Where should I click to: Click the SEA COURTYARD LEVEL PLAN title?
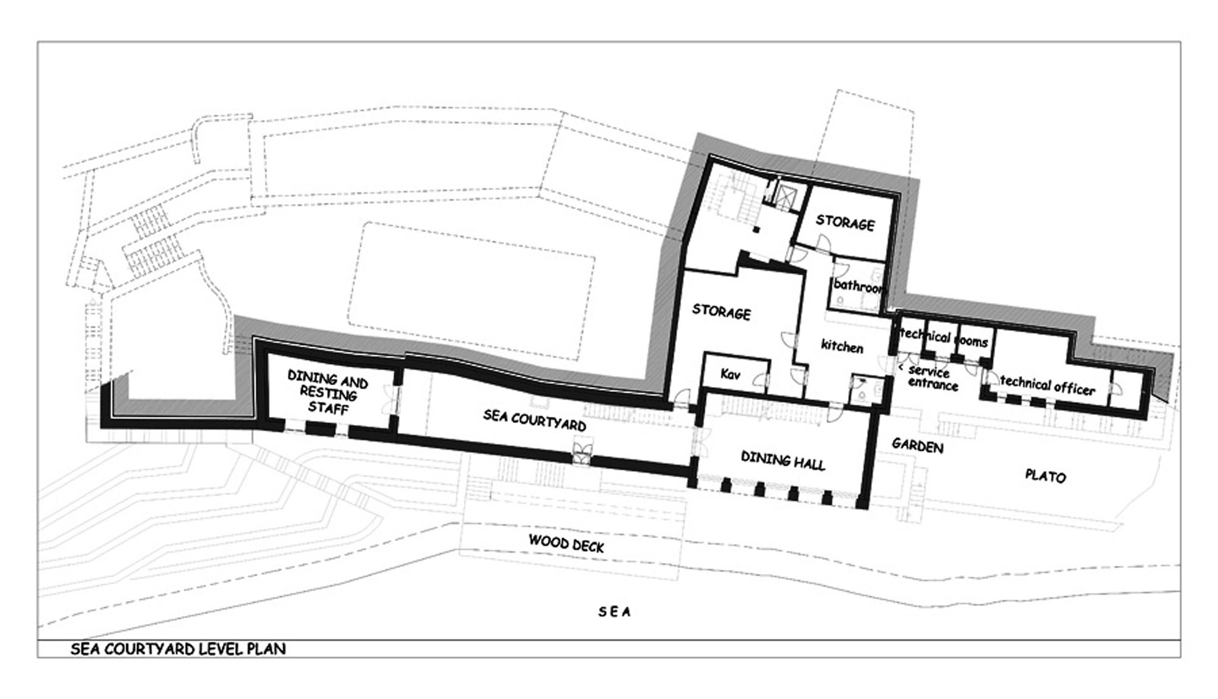178,648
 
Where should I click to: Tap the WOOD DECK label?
566,543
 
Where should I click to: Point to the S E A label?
614,611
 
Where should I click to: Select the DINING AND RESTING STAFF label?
328,392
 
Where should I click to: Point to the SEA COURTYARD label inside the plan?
535,420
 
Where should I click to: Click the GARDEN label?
918,445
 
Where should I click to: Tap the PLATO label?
1046,475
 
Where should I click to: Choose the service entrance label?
930,378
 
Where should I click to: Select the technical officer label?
1047,385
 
